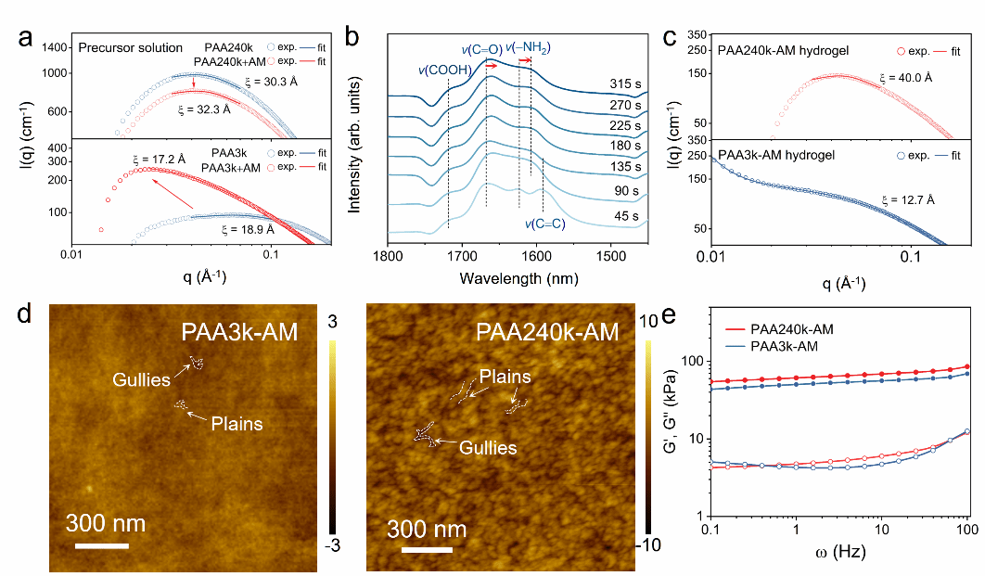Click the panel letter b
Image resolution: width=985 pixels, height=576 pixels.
pyautogui.click(x=352, y=38)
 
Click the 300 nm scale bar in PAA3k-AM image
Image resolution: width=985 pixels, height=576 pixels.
pyautogui.click(x=101, y=544)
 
